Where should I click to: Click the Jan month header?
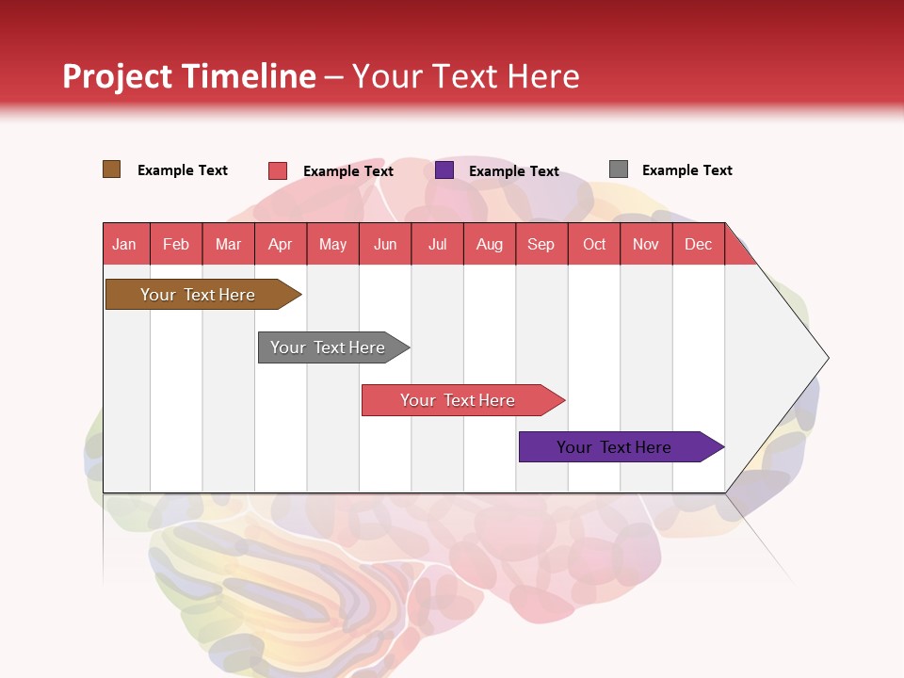pyautogui.click(x=124, y=244)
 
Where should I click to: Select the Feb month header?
pyautogui.click(x=176, y=244)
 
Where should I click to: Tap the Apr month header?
pyautogui.click(x=280, y=244)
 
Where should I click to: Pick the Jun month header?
pyautogui.click(x=385, y=244)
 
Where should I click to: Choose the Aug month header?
pyautogui.click(x=490, y=244)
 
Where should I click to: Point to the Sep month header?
pyautogui.click(x=541, y=244)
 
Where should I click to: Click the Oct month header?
pyautogui.click(x=594, y=244)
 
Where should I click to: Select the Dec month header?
pyautogui.click(x=698, y=244)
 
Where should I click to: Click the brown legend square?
pyautogui.click(x=112, y=169)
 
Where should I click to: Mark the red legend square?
pyautogui.click(x=278, y=170)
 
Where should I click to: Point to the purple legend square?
pyautogui.click(x=444, y=170)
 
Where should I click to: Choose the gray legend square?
pyautogui.click(x=619, y=169)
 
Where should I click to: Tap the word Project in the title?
pyautogui.click(x=117, y=76)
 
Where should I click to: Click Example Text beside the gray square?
pyautogui.click(x=686, y=170)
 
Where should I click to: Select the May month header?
pyautogui.click(x=332, y=244)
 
